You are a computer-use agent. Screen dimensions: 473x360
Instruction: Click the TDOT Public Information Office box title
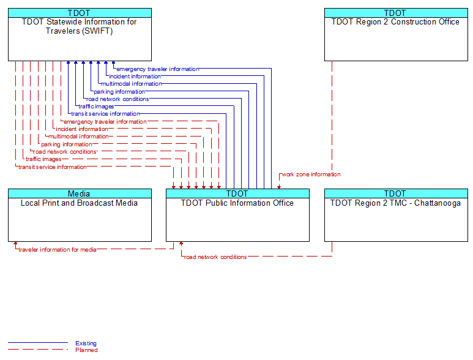[237, 203]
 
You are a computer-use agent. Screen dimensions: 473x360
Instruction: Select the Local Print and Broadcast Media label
[79, 203]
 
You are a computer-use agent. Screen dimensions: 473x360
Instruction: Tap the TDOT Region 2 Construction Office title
[395, 21]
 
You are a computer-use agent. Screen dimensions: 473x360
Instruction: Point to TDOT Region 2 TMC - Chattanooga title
[395, 203]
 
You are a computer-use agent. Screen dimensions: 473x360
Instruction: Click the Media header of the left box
[79, 193]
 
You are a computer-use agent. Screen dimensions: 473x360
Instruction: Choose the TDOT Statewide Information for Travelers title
[79, 26]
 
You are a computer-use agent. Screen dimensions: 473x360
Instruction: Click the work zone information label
[311, 174]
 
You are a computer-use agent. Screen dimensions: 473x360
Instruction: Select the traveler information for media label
[58, 250]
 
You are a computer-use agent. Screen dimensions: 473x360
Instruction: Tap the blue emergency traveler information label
[158, 69]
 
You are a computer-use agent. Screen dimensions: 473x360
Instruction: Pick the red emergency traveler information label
[105, 122]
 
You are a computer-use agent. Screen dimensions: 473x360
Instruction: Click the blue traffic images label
[96, 107]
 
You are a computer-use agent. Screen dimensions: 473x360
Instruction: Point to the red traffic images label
[43, 159]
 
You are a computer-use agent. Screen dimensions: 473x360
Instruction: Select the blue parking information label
[119, 92]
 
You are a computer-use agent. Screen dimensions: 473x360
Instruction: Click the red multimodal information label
[78, 137]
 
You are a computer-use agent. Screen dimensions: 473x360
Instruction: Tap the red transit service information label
[53, 167]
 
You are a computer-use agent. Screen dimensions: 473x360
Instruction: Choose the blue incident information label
[135, 77]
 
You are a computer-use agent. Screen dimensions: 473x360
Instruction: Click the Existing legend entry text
[86, 343]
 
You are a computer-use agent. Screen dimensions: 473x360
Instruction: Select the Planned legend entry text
[86, 350]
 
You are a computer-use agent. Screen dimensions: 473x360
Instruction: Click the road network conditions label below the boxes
[215, 257]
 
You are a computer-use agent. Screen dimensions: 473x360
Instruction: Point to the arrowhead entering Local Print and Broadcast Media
[15, 243]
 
